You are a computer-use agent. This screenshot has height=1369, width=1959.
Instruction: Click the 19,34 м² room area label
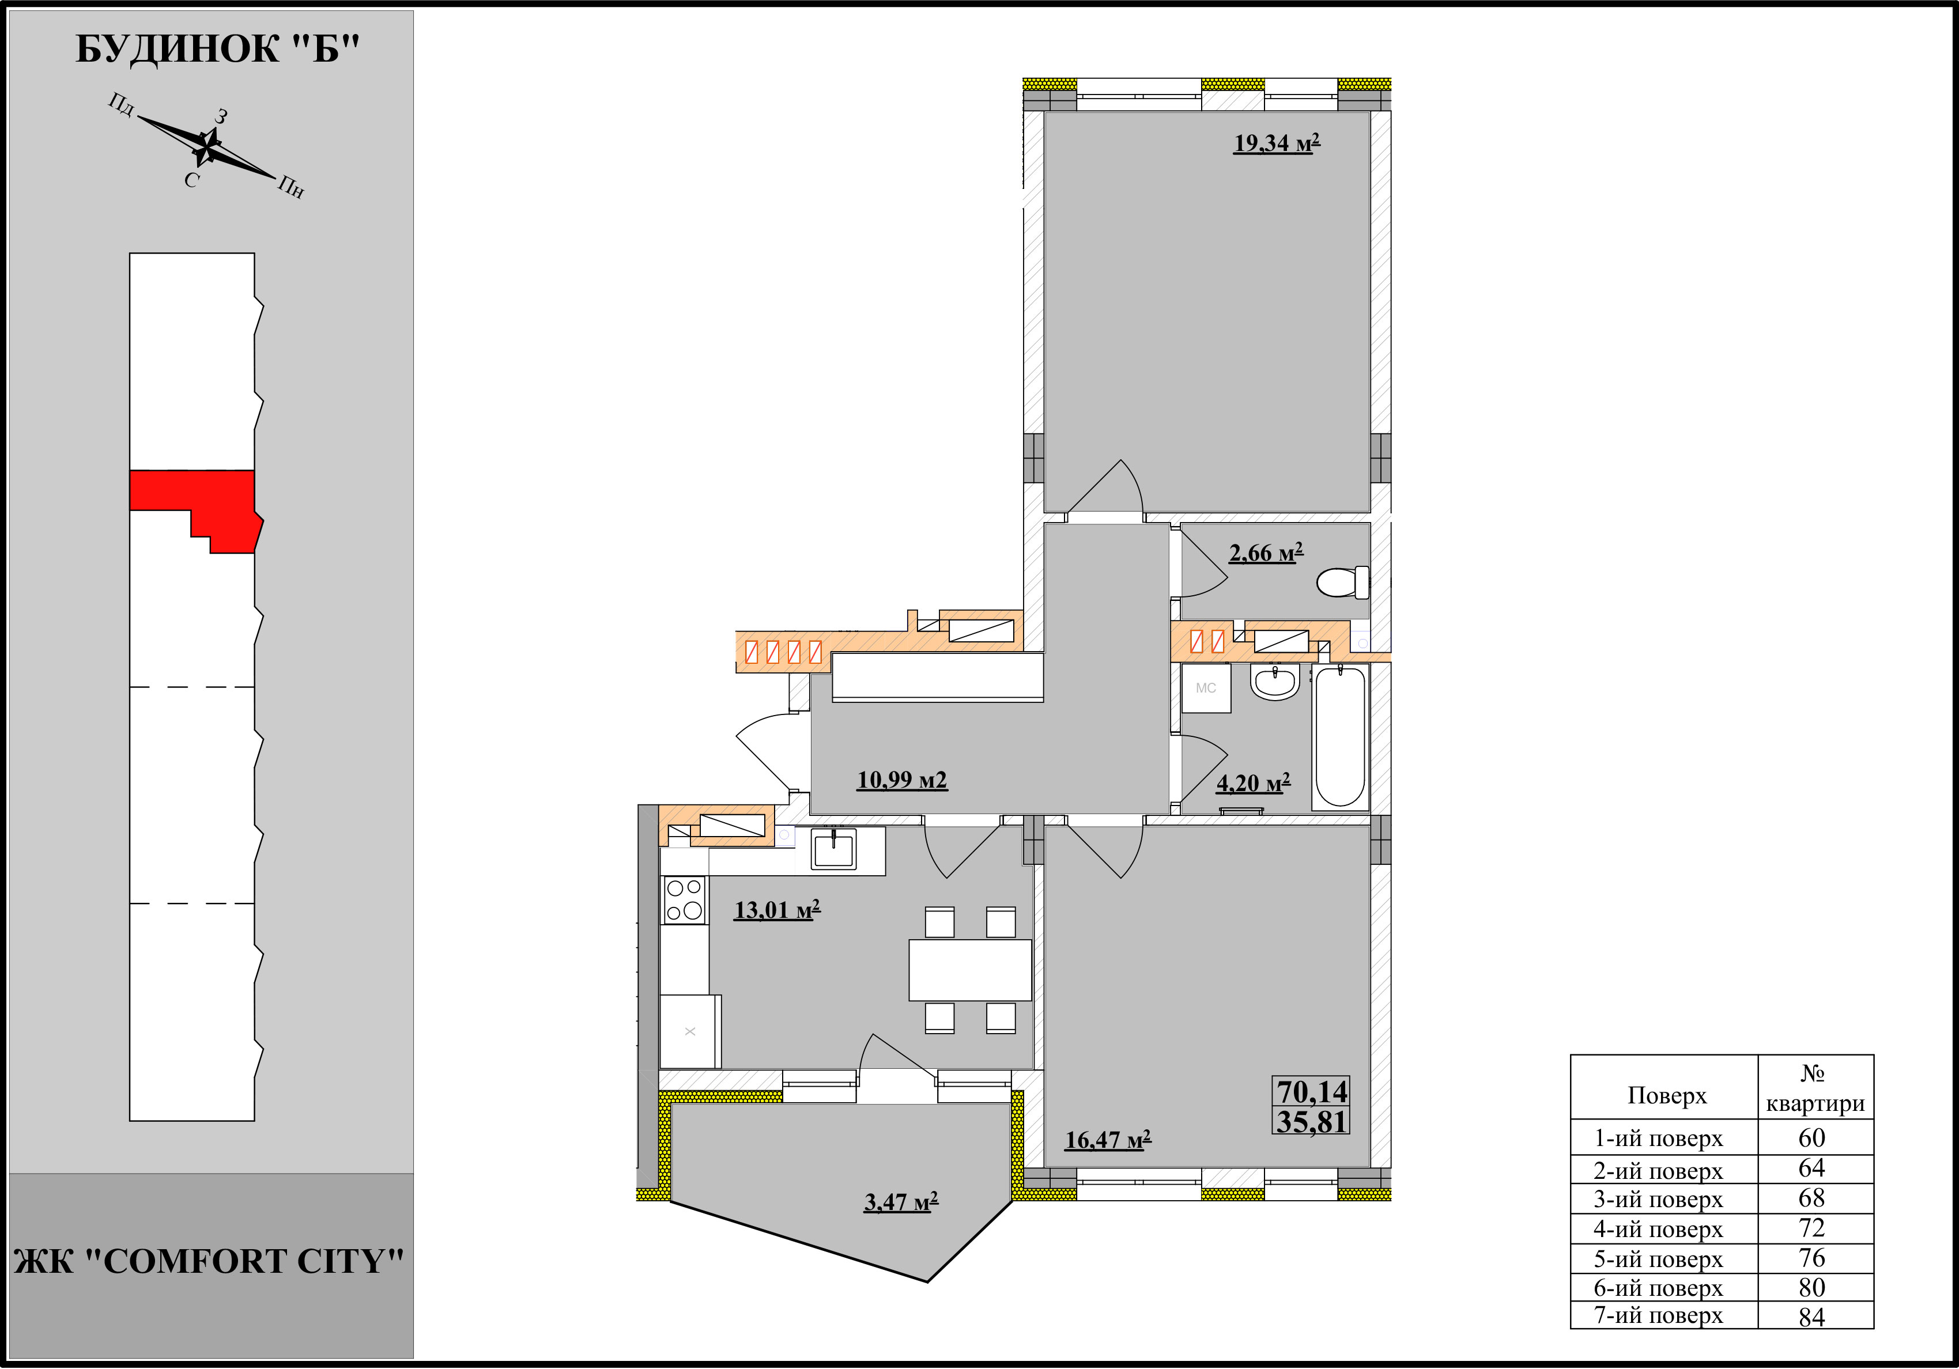coord(1277,143)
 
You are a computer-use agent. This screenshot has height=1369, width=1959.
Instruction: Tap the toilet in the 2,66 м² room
coord(1343,583)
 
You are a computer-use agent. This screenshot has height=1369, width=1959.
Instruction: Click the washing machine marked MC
coord(1206,687)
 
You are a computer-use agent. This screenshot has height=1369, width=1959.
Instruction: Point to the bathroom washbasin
coord(1275,682)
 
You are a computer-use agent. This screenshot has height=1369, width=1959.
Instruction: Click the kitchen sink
coord(833,849)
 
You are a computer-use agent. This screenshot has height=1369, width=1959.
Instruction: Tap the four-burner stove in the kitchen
coord(684,900)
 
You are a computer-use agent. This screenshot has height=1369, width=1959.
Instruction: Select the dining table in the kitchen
coord(970,970)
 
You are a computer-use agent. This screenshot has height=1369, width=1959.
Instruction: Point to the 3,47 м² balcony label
coord(901,1202)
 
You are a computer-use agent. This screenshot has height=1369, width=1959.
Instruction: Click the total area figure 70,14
coord(1312,1092)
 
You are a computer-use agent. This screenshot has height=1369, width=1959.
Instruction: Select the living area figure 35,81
coord(1312,1122)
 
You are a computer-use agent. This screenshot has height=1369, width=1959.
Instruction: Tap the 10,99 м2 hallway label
coord(902,781)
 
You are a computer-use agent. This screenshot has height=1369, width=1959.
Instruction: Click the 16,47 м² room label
coord(1108,1140)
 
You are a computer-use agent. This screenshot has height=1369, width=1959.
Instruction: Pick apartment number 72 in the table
coord(1811,1228)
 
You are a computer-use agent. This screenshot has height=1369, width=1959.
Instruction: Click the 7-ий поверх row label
coord(1658,1316)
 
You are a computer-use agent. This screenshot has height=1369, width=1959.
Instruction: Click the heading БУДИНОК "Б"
coord(218,50)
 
